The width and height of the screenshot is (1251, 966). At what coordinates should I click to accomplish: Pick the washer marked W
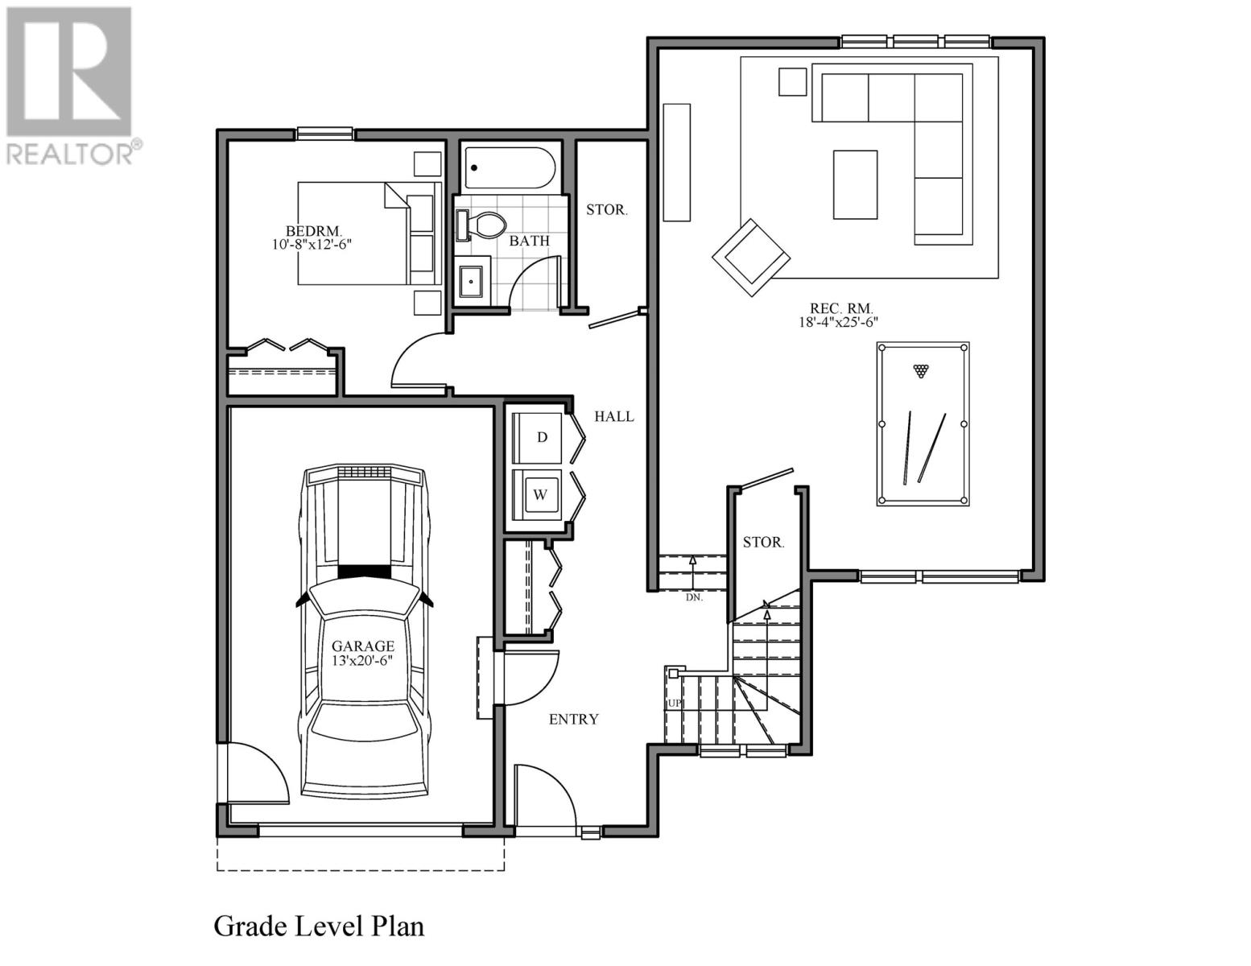coord(540,494)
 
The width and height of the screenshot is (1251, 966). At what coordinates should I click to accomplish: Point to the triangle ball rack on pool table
coord(921,371)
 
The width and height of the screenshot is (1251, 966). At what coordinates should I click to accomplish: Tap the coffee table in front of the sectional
coord(855,184)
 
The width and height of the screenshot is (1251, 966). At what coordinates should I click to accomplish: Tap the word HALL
coord(614,416)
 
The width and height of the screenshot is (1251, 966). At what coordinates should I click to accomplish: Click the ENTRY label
coord(573,719)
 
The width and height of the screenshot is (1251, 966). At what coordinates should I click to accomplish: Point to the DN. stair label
coord(694,597)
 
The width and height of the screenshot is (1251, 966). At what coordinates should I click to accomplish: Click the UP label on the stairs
coord(674,704)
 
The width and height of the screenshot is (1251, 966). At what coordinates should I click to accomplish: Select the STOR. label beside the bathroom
coord(606,210)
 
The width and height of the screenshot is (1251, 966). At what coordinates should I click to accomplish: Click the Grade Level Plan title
coord(319,926)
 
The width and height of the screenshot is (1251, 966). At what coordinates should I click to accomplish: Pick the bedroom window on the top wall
coord(324,134)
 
